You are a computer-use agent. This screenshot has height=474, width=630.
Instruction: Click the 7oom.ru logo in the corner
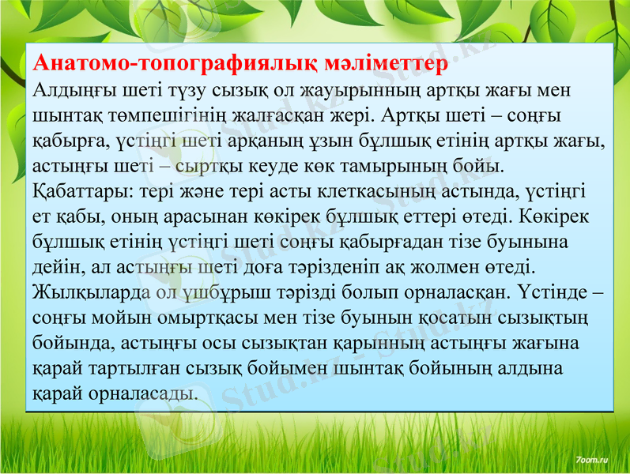tap(593, 457)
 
